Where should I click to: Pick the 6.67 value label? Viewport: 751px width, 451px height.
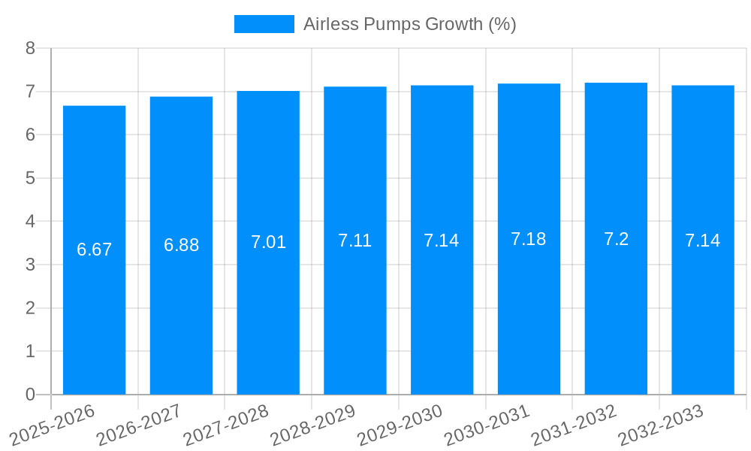(94, 250)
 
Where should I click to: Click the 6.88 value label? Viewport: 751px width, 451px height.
(181, 245)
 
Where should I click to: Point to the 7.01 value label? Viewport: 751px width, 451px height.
(268, 242)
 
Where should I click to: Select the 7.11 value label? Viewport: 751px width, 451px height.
(354, 241)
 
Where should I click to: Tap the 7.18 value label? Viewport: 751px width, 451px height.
(528, 239)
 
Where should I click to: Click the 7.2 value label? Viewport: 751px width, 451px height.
(616, 239)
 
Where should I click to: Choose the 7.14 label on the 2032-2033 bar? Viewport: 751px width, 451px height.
(702, 241)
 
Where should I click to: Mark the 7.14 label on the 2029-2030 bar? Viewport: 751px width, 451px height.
(441, 241)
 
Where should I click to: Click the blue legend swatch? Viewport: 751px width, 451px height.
(264, 24)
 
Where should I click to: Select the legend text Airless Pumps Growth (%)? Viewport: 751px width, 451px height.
(409, 24)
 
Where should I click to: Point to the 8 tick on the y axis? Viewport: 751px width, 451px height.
(30, 48)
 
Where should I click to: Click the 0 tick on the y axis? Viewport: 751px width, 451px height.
(30, 395)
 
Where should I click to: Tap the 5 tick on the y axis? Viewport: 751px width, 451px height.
(30, 178)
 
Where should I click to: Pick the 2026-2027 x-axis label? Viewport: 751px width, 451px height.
(140, 424)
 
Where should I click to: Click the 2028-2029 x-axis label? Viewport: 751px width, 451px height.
(313, 424)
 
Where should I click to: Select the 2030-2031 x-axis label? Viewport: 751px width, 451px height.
(487, 424)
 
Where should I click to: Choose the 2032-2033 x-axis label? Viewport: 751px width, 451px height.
(661, 424)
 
